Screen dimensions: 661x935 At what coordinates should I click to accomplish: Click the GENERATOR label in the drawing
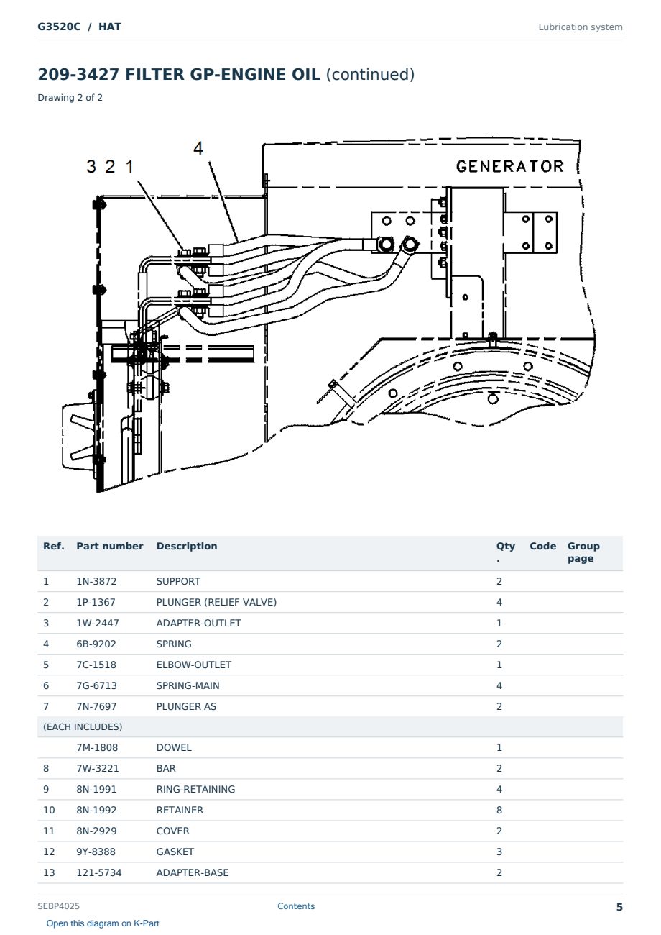(x=509, y=166)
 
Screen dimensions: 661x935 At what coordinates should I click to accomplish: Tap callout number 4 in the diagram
(x=198, y=147)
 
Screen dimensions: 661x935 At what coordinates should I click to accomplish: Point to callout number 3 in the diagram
(x=91, y=166)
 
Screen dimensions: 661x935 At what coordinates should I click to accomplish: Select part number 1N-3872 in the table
(x=96, y=581)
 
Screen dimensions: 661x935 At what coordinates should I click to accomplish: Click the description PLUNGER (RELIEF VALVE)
(x=216, y=602)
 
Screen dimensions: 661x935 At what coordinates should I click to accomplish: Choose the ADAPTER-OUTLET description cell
(x=198, y=623)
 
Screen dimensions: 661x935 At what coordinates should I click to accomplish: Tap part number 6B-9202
(x=96, y=644)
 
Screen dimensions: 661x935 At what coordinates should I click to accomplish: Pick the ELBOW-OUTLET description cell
(x=193, y=665)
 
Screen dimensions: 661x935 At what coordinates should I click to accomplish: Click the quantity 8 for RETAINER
(x=499, y=810)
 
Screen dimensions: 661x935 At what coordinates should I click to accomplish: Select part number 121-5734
(x=99, y=872)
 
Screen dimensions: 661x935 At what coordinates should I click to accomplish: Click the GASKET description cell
(x=175, y=852)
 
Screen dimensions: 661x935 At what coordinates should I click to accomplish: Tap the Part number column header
(x=110, y=546)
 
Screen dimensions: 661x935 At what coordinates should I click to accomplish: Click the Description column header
(x=187, y=546)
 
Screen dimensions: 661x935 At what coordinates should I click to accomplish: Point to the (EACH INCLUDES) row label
(x=83, y=726)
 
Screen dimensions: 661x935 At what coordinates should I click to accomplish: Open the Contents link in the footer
(x=296, y=906)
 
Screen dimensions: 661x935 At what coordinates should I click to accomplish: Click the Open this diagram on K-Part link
(x=103, y=923)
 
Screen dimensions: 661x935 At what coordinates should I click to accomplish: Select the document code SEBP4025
(x=58, y=906)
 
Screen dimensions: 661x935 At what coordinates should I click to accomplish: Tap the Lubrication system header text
(x=581, y=27)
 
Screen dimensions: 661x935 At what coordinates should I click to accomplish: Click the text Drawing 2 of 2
(x=70, y=98)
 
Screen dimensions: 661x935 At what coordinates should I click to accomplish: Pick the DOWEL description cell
(x=174, y=747)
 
